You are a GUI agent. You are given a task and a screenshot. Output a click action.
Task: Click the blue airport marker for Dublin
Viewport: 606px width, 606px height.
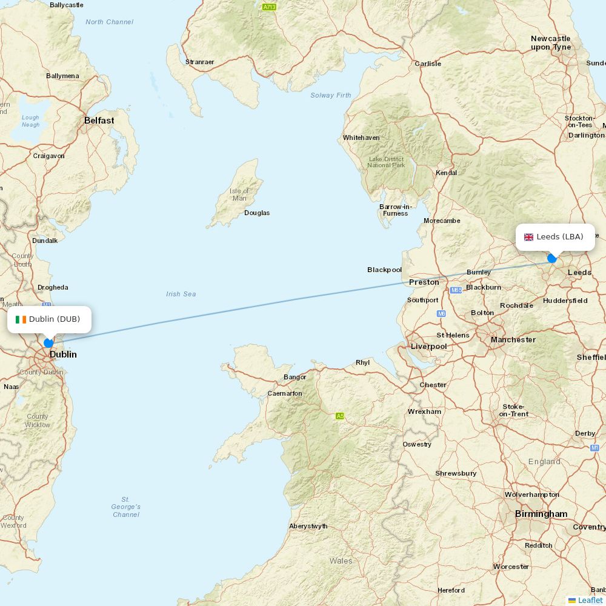[48, 343]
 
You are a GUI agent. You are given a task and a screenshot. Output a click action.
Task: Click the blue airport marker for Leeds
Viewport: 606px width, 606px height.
[551, 258]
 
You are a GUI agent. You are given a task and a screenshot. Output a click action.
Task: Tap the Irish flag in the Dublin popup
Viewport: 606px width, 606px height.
[21, 319]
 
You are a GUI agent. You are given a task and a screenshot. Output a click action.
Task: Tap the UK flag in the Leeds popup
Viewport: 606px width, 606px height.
[528, 237]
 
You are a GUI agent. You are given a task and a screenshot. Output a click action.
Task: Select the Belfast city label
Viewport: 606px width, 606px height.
[99, 121]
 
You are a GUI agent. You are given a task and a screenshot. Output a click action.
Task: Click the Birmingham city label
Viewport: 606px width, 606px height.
[541, 514]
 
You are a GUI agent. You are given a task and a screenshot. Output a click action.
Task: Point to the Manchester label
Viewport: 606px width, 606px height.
[513, 340]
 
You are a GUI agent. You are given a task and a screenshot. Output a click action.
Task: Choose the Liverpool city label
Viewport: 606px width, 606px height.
[428, 347]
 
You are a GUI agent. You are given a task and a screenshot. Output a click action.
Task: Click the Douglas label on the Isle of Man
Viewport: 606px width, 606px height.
[257, 213]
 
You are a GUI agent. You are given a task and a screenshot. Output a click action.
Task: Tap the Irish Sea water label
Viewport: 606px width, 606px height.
[181, 294]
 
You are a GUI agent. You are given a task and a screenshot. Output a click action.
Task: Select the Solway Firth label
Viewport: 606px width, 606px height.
[330, 95]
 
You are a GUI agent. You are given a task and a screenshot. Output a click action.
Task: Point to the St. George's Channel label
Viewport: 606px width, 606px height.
[125, 507]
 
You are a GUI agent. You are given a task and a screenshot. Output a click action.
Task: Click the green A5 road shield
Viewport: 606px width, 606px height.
[340, 416]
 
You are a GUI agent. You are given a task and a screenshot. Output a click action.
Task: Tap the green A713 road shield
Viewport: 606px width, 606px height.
[269, 7]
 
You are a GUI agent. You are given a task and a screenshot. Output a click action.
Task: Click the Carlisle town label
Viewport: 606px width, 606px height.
[427, 64]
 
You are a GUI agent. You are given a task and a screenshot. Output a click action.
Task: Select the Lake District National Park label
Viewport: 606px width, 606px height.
[386, 162]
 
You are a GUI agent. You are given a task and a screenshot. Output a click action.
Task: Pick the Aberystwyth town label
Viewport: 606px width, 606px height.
[308, 526]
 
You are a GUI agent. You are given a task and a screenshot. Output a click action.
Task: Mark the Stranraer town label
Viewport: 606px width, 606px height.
[199, 62]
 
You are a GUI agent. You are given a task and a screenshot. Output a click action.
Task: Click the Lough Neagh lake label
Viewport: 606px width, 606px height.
[30, 121]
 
